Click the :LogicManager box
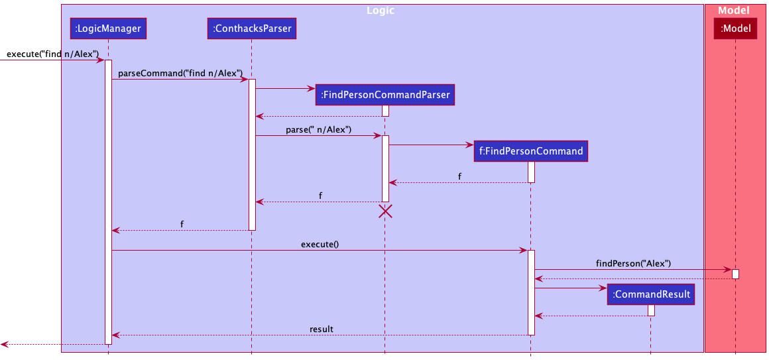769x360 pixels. point(107,28)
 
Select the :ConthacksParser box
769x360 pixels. point(251,28)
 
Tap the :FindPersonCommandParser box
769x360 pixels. point(384,95)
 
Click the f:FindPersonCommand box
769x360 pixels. point(530,151)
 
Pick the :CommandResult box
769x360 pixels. point(651,294)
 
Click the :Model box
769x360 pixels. point(735,28)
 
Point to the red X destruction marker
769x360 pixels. point(384,211)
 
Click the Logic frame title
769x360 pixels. point(382,11)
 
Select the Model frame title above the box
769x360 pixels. point(734,11)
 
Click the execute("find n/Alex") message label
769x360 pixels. point(52,54)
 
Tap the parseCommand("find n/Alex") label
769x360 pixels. point(180,73)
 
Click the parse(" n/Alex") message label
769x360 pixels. point(318,129)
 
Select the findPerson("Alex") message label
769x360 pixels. point(633,263)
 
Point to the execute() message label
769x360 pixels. point(320,244)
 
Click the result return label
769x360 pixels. point(321,329)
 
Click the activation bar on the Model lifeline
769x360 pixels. point(735,274)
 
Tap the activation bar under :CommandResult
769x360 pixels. point(651,310)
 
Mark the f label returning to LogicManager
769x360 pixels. point(182,224)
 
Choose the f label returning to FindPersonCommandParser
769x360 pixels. point(460,176)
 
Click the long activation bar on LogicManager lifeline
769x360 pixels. point(108,199)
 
